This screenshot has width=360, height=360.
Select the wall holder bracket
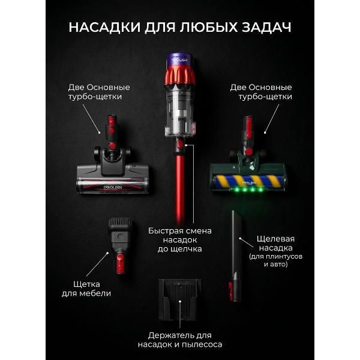[x=180, y=301]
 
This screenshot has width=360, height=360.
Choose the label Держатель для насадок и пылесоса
[x=179, y=340]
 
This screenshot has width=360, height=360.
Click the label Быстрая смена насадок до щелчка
[x=181, y=239]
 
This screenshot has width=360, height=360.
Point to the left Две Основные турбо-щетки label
[x=98, y=91]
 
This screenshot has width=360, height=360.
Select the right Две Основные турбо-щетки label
[x=261, y=91]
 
